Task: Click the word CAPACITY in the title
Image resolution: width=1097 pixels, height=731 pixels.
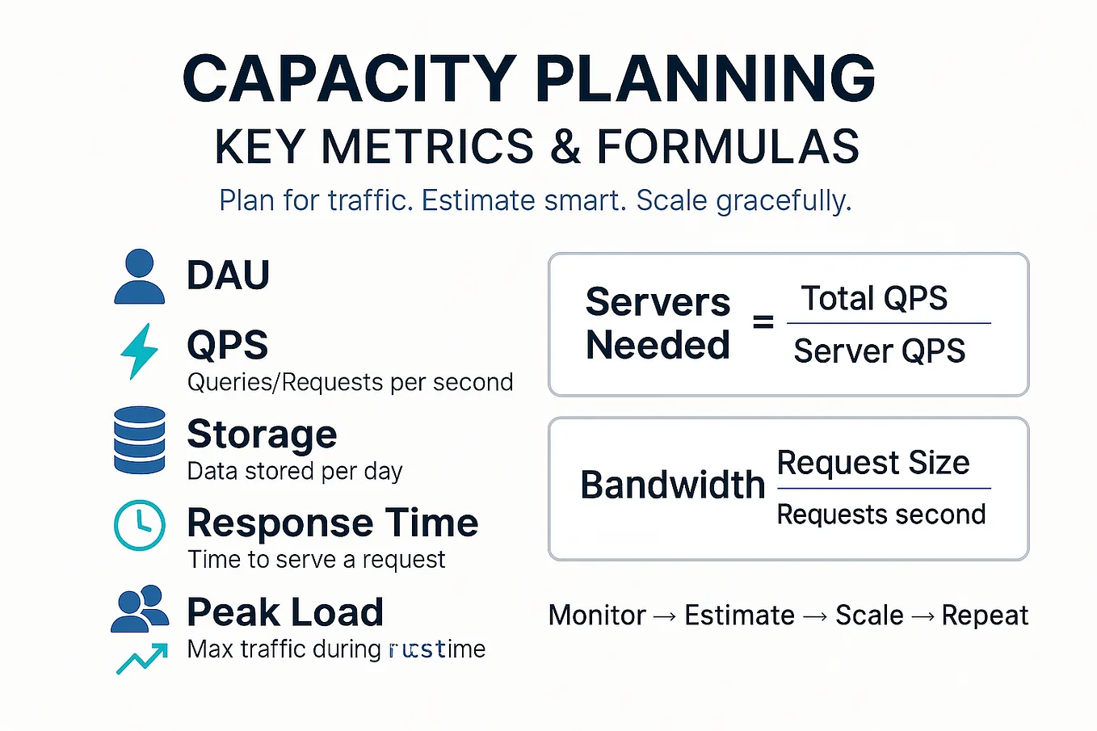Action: coord(349,79)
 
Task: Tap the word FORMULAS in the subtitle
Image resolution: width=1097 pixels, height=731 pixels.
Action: coord(728,147)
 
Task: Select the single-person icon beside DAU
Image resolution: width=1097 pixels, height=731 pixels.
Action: coord(140,276)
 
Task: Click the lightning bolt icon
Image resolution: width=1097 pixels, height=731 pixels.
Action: coord(139,351)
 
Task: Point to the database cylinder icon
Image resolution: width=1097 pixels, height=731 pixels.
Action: coord(140,440)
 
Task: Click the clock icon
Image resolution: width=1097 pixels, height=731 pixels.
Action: coord(140,526)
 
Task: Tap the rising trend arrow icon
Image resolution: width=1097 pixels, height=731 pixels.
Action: coord(142,657)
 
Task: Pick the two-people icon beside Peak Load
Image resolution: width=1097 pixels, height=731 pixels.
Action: coord(140,609)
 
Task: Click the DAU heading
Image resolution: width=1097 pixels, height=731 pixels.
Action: coord(228,275)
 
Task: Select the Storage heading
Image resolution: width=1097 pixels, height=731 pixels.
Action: coord(262,435)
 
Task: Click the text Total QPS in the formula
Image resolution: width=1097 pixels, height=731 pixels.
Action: coord(874,298)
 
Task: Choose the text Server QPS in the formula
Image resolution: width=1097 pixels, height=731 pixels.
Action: coord(879,351)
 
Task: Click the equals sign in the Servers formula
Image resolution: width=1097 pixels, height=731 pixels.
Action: coord(763,323)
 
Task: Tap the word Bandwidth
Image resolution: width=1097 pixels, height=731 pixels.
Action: coord(672,485)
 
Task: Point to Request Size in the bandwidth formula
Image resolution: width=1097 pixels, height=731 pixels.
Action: coord(872,463)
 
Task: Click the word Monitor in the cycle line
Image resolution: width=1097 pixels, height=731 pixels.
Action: coord(597,615)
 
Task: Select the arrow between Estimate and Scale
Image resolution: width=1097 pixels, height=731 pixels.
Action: coord(815,616)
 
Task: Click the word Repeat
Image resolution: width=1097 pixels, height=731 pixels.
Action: coord(985,615)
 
